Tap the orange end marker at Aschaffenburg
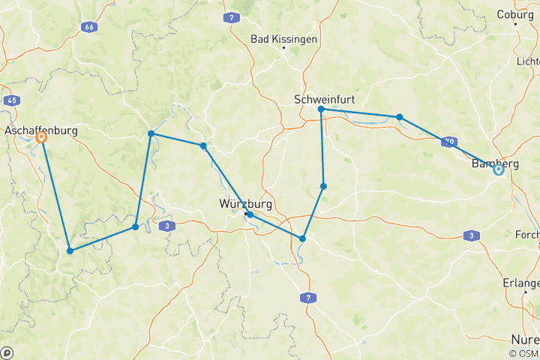42,138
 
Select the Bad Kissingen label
284,38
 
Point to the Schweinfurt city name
324,99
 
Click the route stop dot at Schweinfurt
321,109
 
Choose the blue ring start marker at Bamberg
498,170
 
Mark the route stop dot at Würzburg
250,214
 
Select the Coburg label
515,13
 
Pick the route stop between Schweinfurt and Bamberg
400,117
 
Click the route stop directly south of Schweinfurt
323,186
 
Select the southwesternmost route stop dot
70,250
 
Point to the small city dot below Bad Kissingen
284,49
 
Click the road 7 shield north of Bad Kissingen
233,16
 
